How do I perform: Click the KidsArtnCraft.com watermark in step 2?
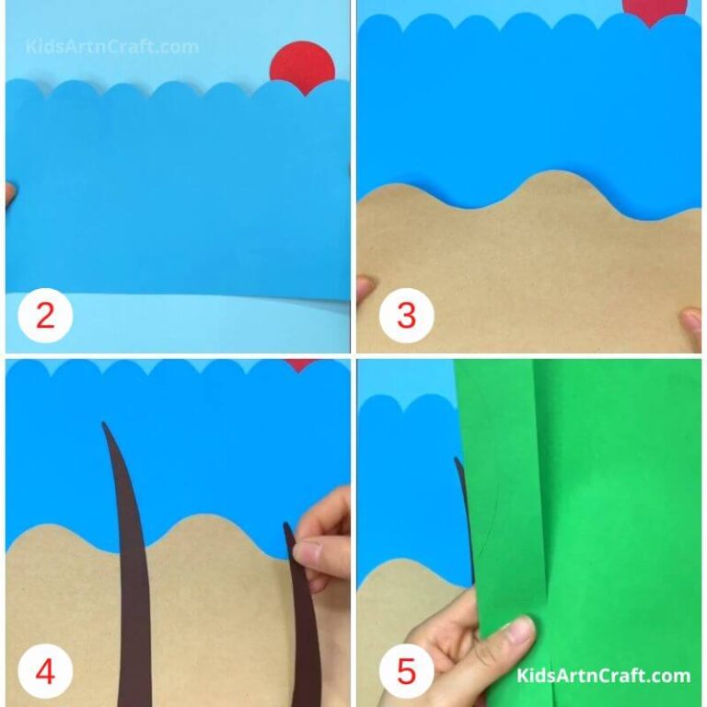click(111, 46)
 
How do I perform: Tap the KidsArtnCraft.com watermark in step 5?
click(603, 676)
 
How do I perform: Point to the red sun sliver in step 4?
click(299, 365)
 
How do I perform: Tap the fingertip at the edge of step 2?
click(9, 194)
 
